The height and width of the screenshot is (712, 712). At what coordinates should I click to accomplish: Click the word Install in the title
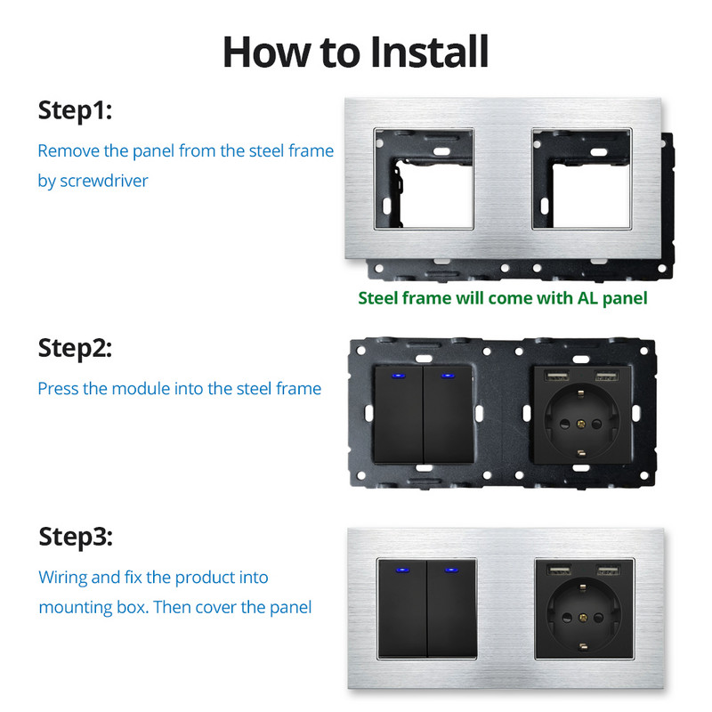[429, 52]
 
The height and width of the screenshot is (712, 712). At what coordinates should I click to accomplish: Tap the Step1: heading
[75, 110]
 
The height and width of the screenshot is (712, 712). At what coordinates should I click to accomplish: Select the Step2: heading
[75, 348]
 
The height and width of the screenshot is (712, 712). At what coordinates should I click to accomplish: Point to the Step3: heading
[76, 538]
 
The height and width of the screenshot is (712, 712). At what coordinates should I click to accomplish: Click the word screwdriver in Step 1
[104, 181]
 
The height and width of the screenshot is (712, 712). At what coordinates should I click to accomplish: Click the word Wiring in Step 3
[62, 578]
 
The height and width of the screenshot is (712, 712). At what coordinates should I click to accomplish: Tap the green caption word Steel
[377, 298]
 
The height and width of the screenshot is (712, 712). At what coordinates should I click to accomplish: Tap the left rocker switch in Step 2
[399, 414]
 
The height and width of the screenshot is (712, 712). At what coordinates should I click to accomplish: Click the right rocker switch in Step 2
[449, 414]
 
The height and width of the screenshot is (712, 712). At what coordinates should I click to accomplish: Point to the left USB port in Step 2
[557, 376]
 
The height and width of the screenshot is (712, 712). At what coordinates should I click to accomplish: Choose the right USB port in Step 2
[606, 376]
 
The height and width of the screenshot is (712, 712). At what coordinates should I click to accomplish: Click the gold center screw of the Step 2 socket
[581, 425]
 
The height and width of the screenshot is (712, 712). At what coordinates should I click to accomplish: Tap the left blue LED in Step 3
[401, 570]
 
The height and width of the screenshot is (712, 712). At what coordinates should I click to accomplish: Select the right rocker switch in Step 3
[452, 609]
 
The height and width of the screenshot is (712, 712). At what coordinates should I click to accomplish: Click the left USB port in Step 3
[559, 570]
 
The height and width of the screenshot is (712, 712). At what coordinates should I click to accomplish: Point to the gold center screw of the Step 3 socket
[583, 617]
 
